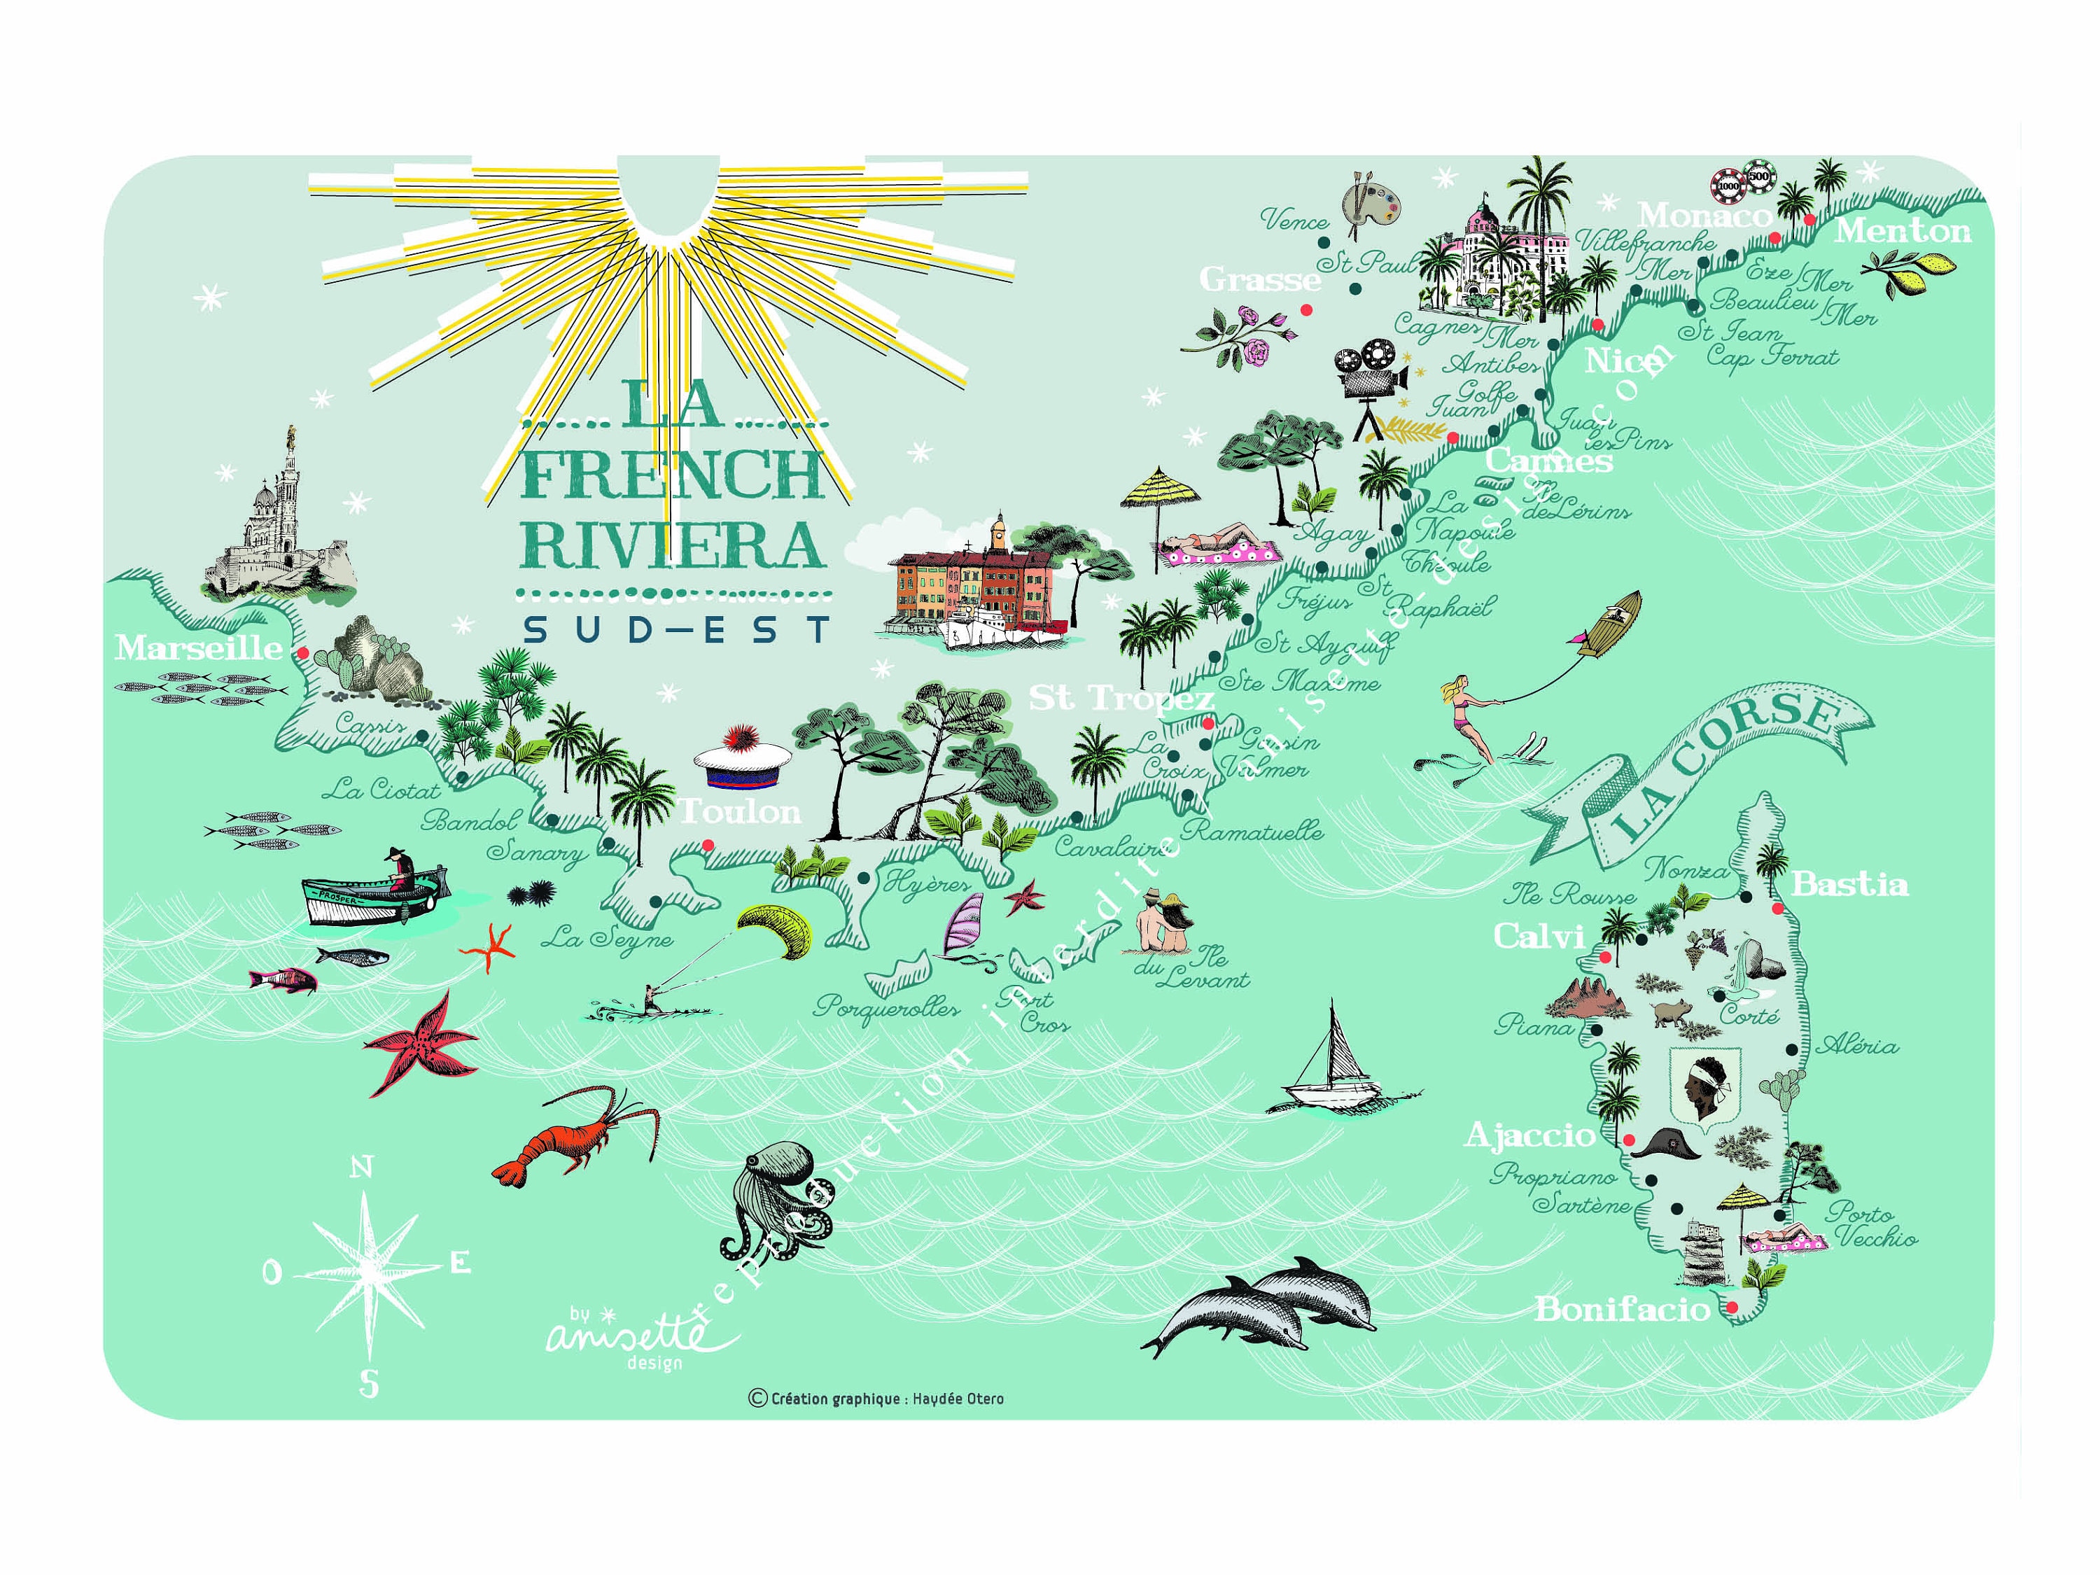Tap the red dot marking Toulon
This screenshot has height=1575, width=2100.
(x=707, y=845)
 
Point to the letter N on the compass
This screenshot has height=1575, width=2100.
(x=360, y=1167)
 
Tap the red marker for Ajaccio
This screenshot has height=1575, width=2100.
(x=1629, y=1139)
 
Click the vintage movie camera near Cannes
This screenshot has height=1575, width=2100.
(x=1369, y=379)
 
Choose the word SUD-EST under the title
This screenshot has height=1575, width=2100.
(x=676, y=629)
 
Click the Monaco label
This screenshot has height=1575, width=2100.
(x=1704, y=216)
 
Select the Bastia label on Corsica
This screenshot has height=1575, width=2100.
(x=1849, y=885)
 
